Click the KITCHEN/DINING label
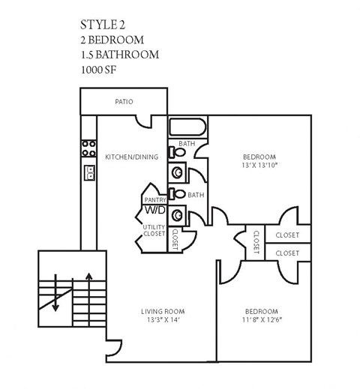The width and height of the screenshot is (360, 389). [131, 157]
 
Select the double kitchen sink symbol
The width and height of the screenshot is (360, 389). [88, 174]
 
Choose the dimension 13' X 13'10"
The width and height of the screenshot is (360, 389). [262, 165]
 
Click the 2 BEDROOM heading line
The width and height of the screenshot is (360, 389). [110, 39]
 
